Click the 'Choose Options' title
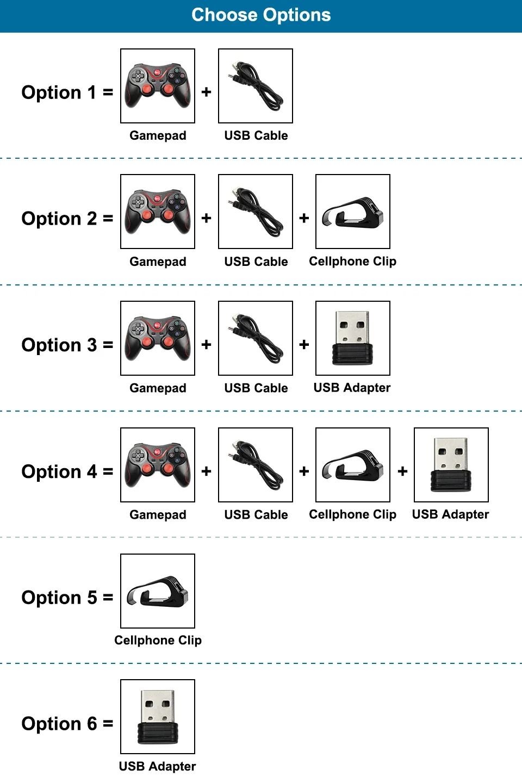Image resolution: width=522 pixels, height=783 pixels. pos(261,15)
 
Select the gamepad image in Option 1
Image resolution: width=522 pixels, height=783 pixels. pos(158,86)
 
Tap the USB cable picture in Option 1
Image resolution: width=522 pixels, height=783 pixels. pos(256,86)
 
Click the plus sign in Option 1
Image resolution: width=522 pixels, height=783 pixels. pos(206,92)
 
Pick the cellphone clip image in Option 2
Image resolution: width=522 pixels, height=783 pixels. pos(353,212)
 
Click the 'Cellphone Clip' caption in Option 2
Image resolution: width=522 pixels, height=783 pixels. pos(353,262)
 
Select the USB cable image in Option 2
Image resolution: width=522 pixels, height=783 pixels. pos(256,212)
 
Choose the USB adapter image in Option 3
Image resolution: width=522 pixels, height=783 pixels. pos(353,338)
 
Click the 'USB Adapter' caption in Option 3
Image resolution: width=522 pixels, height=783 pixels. pos(352,388)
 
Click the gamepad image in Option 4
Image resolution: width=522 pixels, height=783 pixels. pos(158,465)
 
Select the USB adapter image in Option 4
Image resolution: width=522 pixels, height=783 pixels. pos(451,465)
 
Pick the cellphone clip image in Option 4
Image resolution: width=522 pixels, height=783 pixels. pos(353,465)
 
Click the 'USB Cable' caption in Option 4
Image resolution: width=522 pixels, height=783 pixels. pos(256,514)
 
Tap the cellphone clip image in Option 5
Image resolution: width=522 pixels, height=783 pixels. pos(158,591)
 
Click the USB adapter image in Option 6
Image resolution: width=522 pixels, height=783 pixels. pos(158,717)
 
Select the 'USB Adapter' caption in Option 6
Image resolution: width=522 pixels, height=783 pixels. pos(157,766)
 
